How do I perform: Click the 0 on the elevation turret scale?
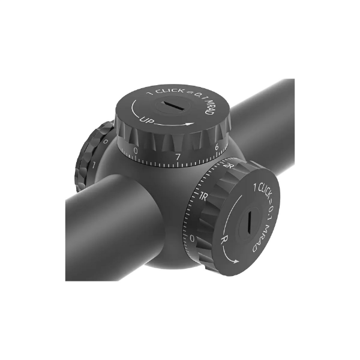point(136,150)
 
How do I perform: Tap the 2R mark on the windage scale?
point(227,166)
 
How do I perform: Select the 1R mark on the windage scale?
point(203,195)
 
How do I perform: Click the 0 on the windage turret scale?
point(191,239)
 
